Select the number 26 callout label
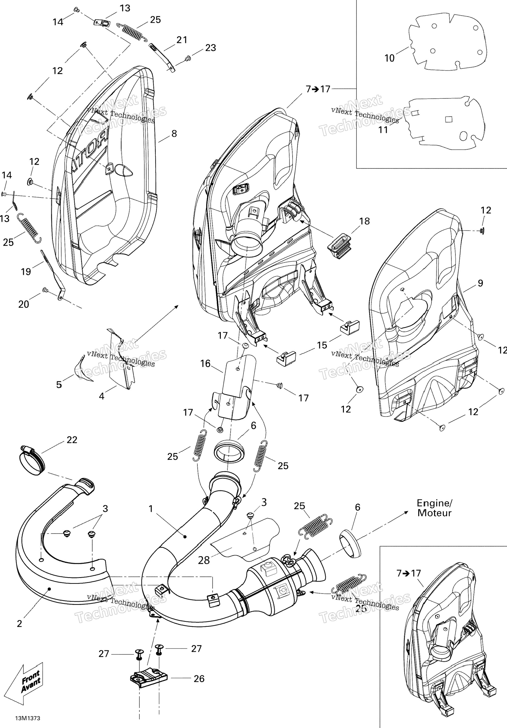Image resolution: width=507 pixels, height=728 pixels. click(x=199, y=679)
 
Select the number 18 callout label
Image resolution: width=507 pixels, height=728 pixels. click(x=365, y=221)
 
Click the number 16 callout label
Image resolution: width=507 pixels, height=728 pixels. click(x=206, y=364)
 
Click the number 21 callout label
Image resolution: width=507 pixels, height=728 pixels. click(x=182, y=40)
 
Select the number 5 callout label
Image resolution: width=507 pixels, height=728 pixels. click(x=59, y=385)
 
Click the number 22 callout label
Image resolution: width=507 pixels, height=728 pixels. click(x=72, y=440)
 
